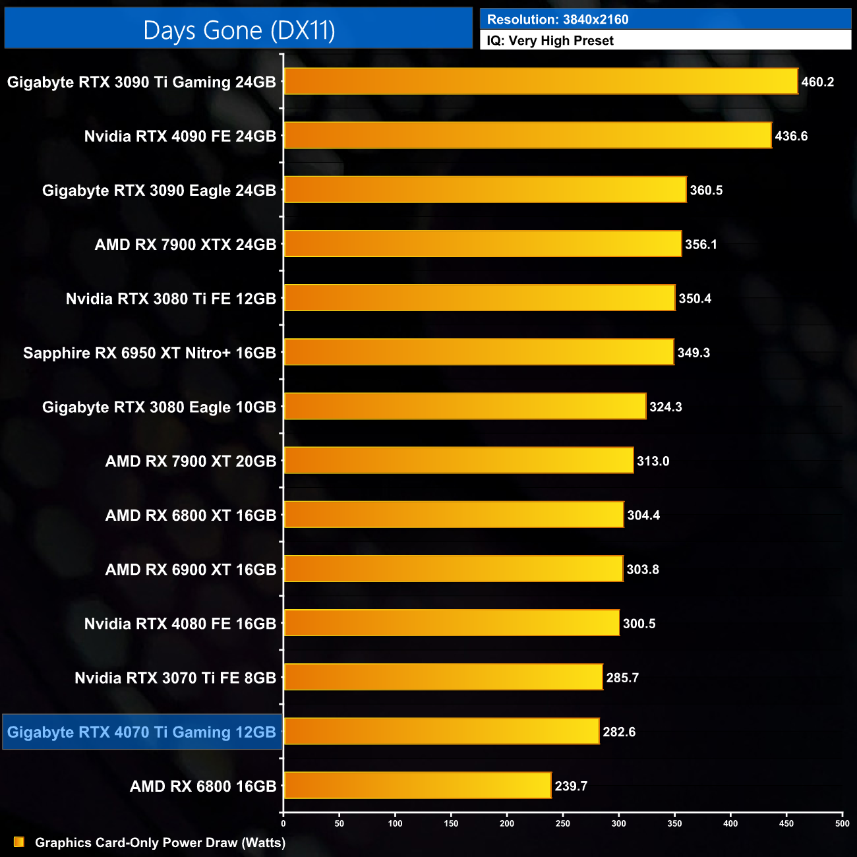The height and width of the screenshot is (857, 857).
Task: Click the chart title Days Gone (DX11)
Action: [x=239, y=30]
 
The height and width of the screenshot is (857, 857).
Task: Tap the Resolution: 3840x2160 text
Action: [x=557, y=19]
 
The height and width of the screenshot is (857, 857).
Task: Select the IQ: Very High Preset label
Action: [x=550, y=41]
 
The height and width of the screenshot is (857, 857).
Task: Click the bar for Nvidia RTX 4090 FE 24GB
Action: [x=527, y=136]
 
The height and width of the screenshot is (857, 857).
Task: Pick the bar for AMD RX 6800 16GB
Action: [x=417, y=785]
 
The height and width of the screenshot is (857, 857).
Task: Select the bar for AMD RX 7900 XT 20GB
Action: [x=458, y=460]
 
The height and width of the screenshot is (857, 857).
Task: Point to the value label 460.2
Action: [x=817, y=82]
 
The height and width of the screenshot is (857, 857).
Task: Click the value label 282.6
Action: [x=619, y=732]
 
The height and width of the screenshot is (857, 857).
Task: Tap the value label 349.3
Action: [x=694, y=353]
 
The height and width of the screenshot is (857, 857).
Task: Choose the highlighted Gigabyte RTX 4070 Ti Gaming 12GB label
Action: [x=142, y=732]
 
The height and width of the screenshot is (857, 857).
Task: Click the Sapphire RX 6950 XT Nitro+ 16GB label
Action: [x=150, y=353]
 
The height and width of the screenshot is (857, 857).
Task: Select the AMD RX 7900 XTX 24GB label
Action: [x=185, y=245]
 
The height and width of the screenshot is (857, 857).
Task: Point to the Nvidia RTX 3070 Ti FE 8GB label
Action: [x=175, y=678]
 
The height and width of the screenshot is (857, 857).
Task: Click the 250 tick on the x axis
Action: [x=563, y=823]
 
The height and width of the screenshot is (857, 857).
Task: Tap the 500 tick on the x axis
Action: [x=842, y=823]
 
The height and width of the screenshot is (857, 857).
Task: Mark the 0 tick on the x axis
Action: [x=283, y=823]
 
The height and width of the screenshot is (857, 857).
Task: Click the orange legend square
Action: [x=19, y=842]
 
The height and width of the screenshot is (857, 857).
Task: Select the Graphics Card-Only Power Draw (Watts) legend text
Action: [x=160, y=842]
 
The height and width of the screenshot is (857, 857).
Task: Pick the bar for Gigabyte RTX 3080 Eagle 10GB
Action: [x=465, y=406]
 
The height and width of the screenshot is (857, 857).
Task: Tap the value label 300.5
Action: [x=639, y=624]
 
